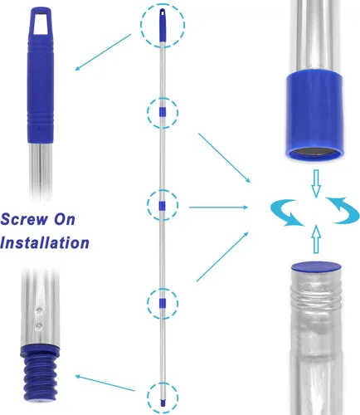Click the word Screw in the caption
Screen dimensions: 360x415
coord(24,219)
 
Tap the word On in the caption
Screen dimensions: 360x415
coord(65,219)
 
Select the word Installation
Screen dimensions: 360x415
coord(45,242)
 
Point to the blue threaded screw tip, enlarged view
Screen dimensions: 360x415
coord(41,372)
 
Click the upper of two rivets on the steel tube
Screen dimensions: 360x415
coord(39,310)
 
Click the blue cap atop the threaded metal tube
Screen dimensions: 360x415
coord(316,267)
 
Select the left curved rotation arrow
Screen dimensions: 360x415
coord(287,212)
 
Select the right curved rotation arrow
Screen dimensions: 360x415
coord(343,210)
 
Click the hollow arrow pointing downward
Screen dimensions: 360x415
coord(316,183)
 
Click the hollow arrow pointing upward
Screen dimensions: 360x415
coord(316,239)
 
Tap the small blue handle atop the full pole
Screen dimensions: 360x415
coord(163,26)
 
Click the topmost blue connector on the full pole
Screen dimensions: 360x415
coord(163,112)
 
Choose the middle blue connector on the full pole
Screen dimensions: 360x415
coord(163,205)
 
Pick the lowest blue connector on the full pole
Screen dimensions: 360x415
coord(163,303)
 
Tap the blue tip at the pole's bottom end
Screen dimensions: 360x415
coord(163,403)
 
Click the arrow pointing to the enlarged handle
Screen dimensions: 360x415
coord(103,52)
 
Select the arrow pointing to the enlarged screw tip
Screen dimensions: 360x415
coord(105,383)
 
